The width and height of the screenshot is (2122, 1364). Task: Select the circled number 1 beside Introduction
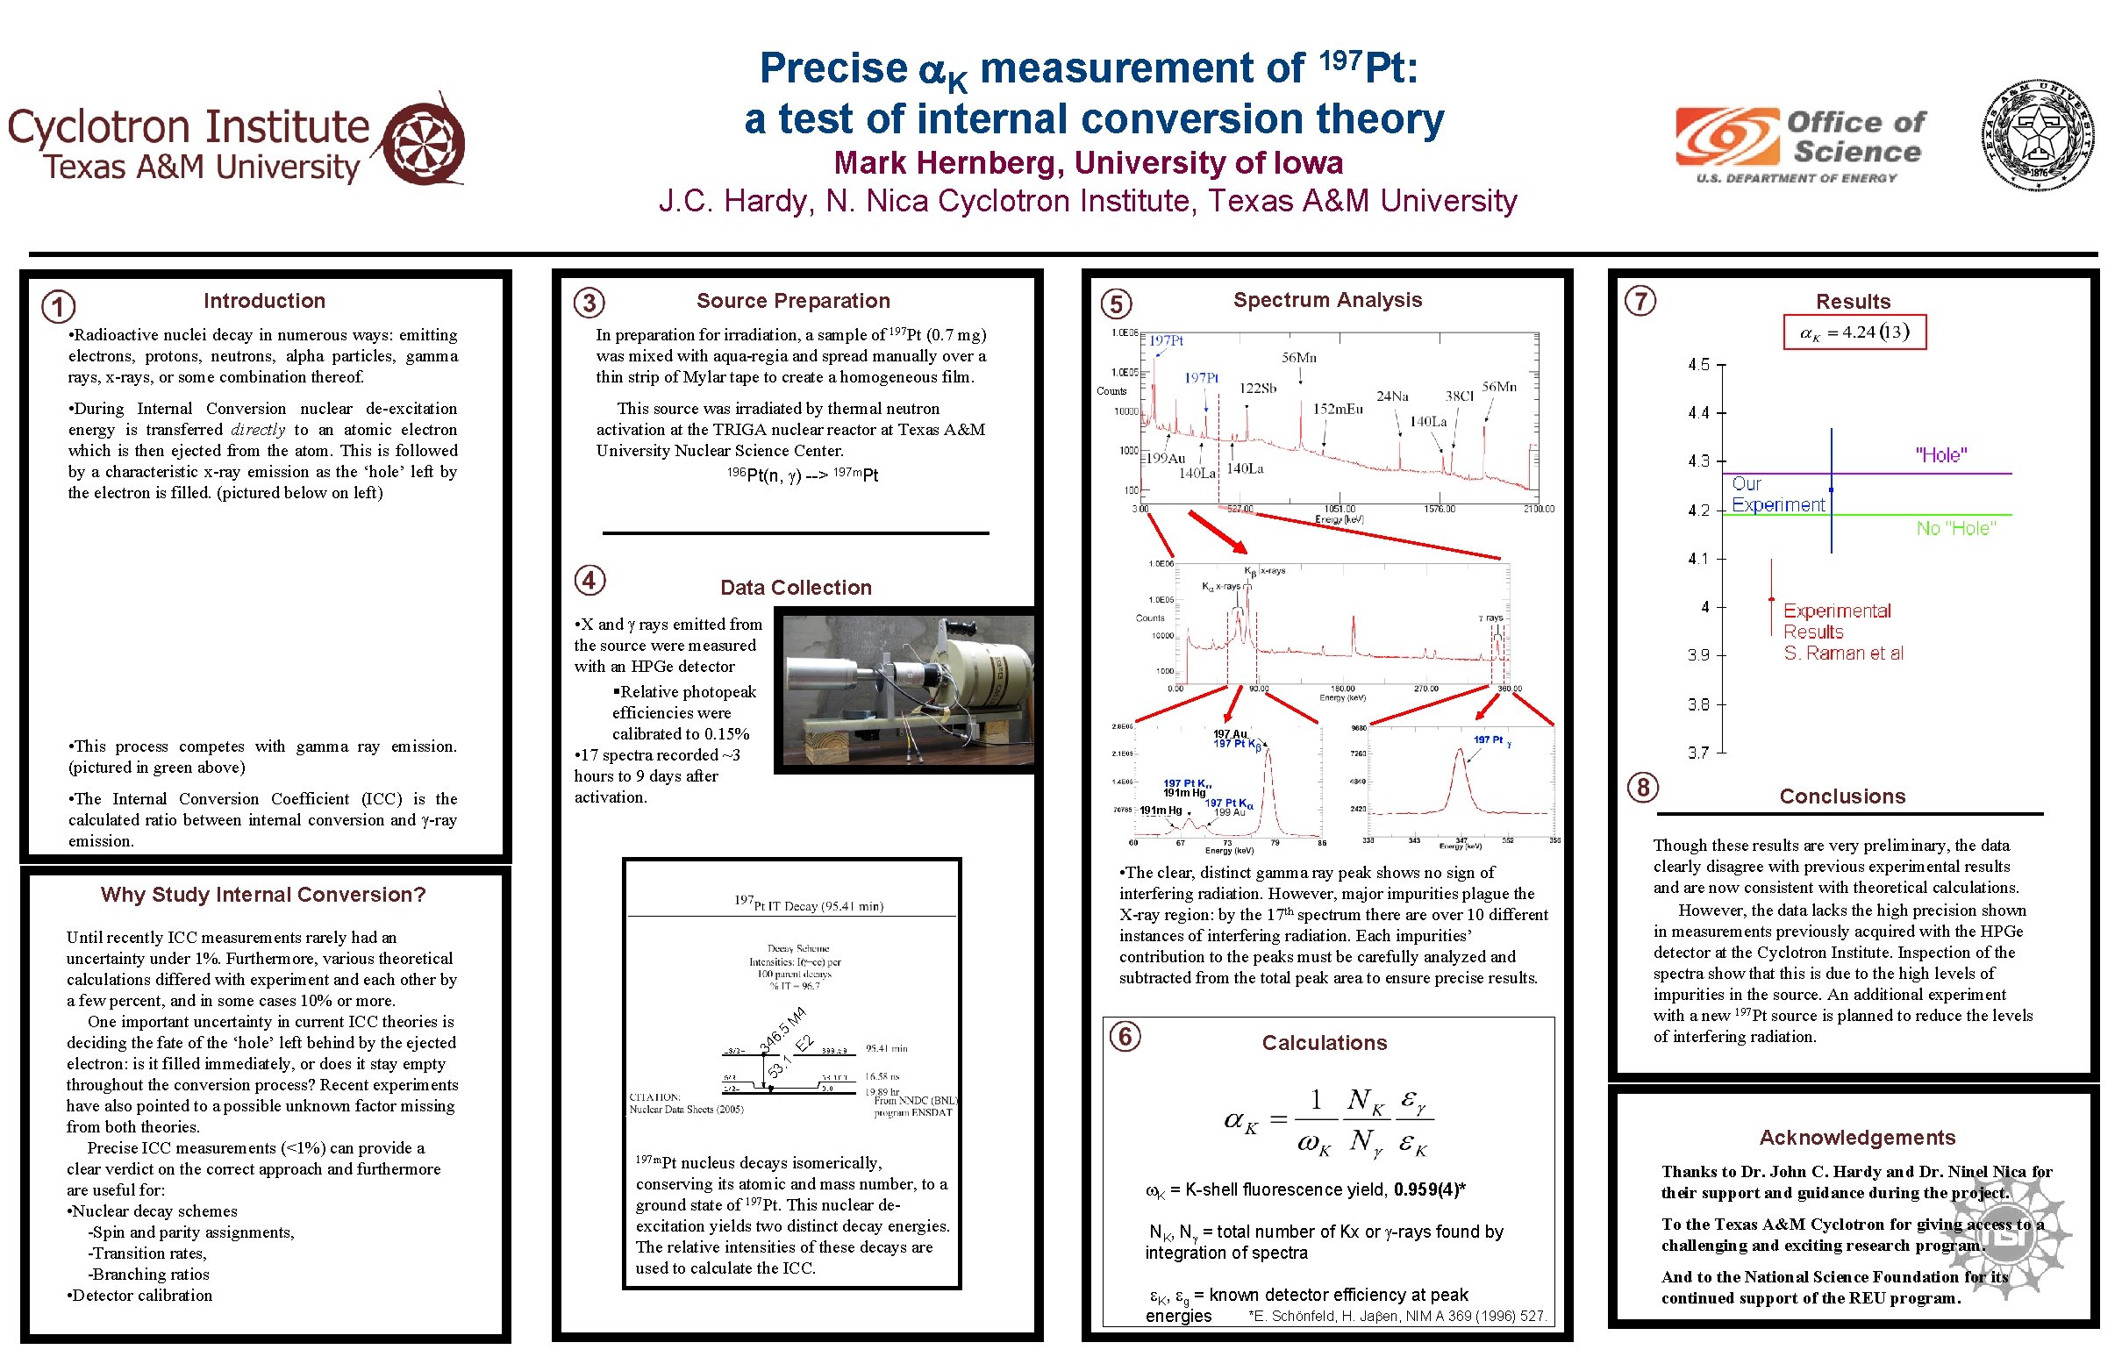tap(59, 307)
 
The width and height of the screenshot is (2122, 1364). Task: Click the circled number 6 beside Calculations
tap(1125, 1035)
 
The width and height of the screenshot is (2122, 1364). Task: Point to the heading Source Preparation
tap(793, 301)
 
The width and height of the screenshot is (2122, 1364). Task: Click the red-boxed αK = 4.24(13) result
tap(1854, 332)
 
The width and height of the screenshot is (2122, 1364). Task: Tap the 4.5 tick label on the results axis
tap(1697, 365)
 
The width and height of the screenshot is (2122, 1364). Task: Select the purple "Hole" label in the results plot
tap(1940, 455)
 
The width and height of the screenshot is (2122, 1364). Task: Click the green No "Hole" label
tap(1955, 529)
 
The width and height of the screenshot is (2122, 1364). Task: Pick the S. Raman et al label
tap(1843, 653)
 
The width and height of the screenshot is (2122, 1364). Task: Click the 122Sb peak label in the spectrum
tap(1257, 388)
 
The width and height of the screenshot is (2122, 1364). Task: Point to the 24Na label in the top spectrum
tap(1391, 396)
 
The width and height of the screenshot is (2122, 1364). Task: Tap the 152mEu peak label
tap(1337, 409)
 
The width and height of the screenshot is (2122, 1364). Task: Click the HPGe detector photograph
tap(907, 690)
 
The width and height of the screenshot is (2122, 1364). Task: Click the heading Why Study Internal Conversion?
tap(263, 895)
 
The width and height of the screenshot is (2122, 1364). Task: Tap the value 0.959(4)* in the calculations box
tap(1429, 1189)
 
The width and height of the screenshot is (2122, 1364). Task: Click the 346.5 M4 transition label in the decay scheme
tap(782, 1030)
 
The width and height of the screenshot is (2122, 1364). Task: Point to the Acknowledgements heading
tap(1856, 1138)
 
